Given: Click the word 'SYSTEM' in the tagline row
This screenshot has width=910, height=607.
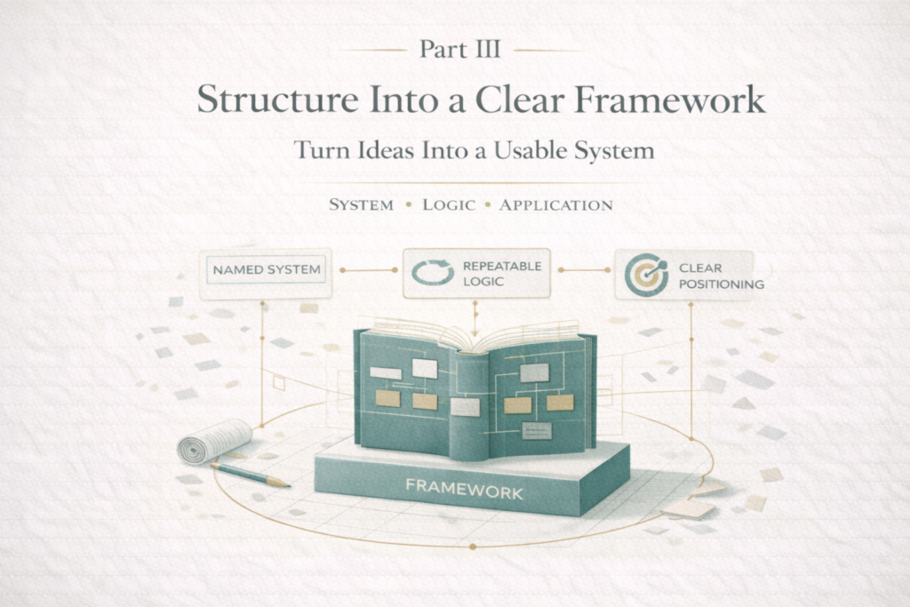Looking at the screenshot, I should [361, 205].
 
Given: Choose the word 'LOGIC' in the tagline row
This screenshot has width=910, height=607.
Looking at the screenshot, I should [450, 205].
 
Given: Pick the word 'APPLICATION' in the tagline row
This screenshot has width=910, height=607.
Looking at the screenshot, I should [555, 205].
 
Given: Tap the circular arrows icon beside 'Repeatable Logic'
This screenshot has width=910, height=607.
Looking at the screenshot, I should [432, 272].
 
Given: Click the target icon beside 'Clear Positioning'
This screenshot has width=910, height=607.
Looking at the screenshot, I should [645, 275].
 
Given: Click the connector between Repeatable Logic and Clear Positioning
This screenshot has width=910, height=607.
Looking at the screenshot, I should [582, 269].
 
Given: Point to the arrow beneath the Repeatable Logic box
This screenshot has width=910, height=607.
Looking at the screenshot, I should [475, 310].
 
